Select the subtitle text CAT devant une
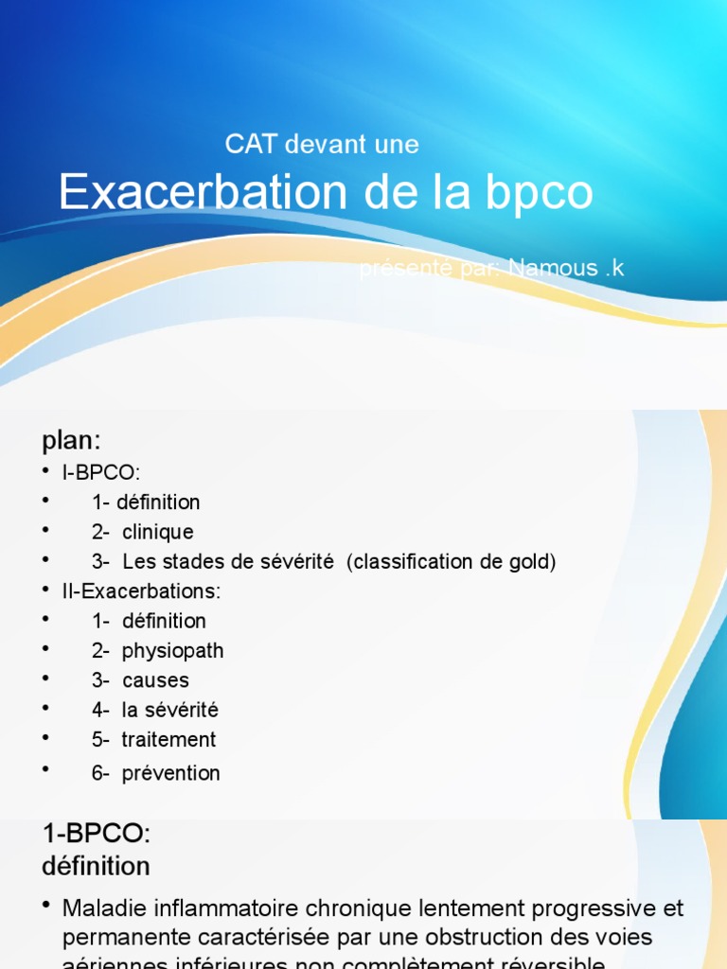pos(322,145)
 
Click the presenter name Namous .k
pos(566,269)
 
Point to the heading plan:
pos(71,441)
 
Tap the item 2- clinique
pos(142,532)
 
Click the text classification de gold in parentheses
pos(452,562)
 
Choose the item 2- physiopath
pos(157,651)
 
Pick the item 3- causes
pos(140,680)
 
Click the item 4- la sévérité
pos(154,710)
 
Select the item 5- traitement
pos(153,740)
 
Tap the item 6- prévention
pos(155,773)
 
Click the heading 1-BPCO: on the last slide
pos(97,835)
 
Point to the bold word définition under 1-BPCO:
pos(96,866)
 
